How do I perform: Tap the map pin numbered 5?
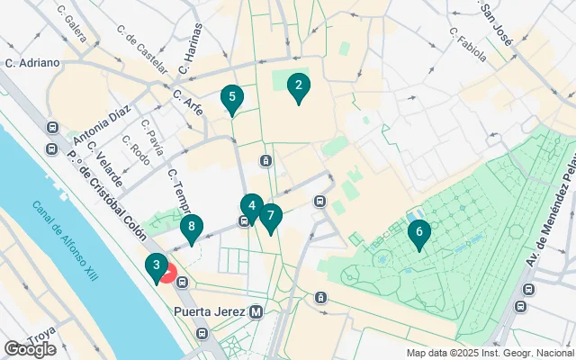(232, 97)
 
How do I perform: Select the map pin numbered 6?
(417, 233)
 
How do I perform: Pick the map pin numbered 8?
(190, 229)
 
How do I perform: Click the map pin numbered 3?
(157, 265)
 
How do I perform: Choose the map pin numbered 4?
(252, 206)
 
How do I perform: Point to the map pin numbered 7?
(270, 216)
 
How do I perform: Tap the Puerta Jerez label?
(211, 311)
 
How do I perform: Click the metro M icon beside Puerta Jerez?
(256, 311)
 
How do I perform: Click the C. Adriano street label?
(32, 63)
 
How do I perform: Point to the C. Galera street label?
(71, 25)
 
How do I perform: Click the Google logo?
(30, 348)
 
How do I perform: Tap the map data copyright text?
(489, 353)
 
